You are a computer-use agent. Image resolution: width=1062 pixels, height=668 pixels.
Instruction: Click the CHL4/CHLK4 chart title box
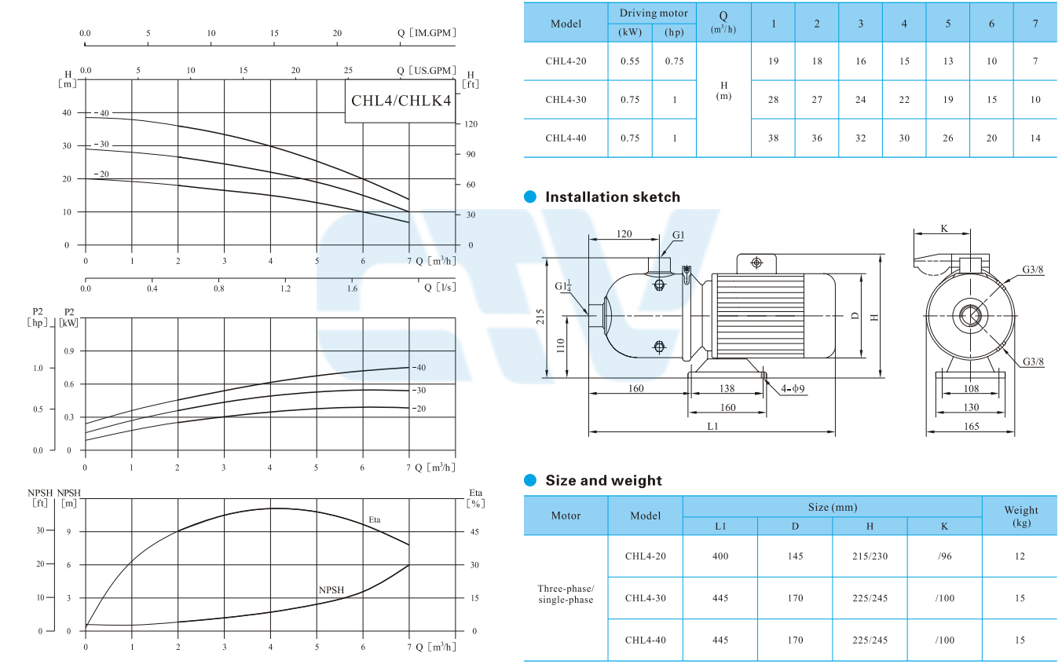coord(400,101)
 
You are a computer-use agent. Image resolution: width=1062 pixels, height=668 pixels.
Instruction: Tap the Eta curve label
coord(375,519)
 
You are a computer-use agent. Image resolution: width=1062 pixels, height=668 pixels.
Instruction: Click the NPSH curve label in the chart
coord(331,589)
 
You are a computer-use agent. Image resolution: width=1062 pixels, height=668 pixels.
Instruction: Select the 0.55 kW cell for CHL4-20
coord(630,61)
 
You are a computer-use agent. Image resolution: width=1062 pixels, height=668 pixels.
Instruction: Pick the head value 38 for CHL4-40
coord(773,138)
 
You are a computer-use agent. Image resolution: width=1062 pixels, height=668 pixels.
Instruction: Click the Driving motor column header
coord(654,13)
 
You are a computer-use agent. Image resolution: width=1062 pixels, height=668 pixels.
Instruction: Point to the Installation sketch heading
coord(613,197)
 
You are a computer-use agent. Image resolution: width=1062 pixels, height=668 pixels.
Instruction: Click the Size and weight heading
coord(603,481)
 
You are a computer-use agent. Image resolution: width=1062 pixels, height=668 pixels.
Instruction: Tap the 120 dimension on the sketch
coord(624,234)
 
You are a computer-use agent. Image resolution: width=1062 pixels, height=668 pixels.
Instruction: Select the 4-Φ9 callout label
coord(793,389)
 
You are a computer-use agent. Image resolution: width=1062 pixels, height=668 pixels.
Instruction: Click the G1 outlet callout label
coord(679,235)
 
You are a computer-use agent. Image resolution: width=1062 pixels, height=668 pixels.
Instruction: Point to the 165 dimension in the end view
coord(971,426)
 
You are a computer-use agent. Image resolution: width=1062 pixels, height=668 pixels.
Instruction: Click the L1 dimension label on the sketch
coord(712,426)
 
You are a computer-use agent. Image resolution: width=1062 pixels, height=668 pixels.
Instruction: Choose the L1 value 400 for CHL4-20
coord(720,556)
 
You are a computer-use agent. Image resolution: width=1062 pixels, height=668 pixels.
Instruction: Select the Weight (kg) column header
coord(1020,516)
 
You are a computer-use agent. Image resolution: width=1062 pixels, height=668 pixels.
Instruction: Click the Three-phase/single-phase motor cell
coord(566,594)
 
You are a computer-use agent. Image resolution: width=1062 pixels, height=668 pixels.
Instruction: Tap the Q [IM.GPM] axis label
coord(427,33)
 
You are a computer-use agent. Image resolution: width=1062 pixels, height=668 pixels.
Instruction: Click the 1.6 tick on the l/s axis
coord(352,288)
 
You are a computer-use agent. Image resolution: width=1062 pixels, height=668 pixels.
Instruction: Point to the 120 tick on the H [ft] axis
coord(471,124)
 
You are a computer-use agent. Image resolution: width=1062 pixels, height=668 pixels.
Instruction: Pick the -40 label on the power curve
coord(419,368)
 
